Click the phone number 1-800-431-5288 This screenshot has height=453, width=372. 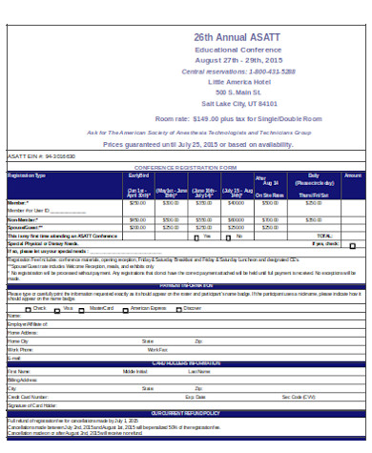coord(269,72)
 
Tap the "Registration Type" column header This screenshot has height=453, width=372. coord(27,175)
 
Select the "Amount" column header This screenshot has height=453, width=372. coord(352,175)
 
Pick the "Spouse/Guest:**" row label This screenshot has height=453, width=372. coord(25,227)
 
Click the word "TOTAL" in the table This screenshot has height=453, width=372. coord(324,235)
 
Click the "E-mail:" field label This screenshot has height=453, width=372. coord(14,357)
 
